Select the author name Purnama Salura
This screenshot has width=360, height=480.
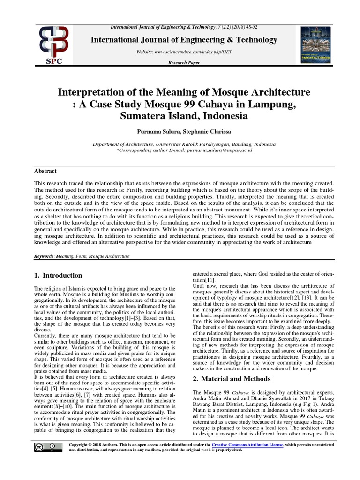pos(157,133)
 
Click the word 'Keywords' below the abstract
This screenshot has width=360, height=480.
pos(44,256)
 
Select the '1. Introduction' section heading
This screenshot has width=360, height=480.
pos(59,276)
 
